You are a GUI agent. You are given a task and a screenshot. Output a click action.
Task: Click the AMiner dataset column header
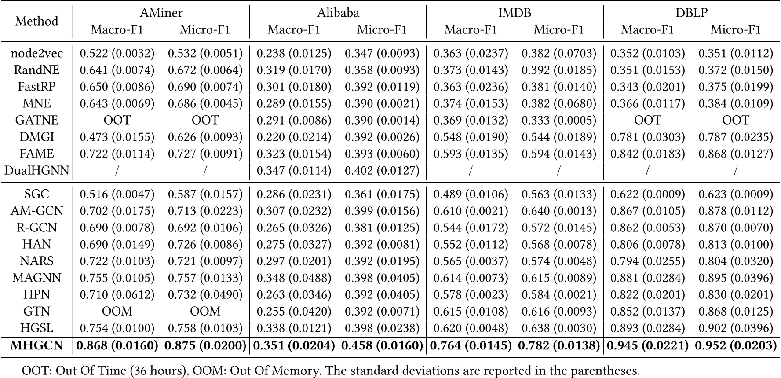(x=161, y=13)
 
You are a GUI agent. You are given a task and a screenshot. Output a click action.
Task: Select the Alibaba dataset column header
(x=338, y=13)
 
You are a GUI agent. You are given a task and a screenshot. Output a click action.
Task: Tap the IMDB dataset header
(x=515, y=13)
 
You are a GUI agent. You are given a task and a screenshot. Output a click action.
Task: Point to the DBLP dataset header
(x=691, y=13)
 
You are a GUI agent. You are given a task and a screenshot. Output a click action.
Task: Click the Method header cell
(x=37, y=21)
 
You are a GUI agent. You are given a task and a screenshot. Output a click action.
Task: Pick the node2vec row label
(x=37, y=53)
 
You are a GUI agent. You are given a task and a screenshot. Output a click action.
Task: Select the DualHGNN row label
(x=37, y=170)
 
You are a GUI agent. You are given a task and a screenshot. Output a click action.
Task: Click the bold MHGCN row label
(x=37, y=345)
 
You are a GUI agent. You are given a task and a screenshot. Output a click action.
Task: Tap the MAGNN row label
(x=37, y=278)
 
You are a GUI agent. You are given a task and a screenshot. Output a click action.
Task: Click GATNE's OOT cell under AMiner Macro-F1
(x=117, y=120)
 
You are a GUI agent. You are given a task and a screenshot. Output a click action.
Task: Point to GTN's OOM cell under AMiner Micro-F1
(x=205, y=311)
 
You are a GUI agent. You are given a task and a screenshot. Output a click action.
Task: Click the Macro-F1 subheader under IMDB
(x=471, y=29)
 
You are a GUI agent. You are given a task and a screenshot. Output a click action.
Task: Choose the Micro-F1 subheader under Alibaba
(x=382, y=29)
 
